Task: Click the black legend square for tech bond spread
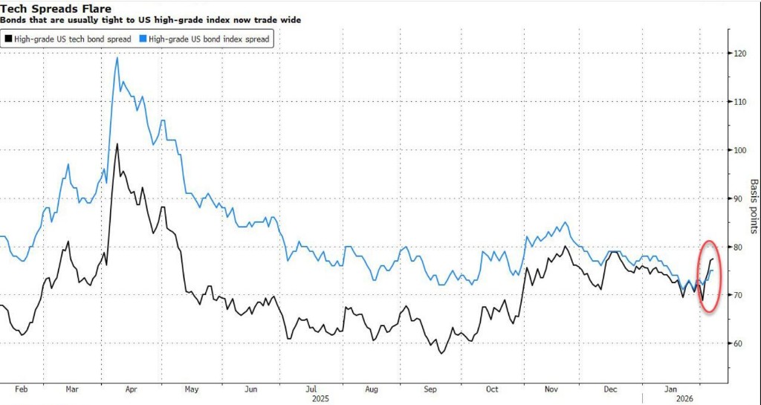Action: point(8,38)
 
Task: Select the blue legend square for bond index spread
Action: point(143,38)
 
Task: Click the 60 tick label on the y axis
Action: point(739,343)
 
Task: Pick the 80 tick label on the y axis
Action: point(739,247)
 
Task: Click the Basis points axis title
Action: point(753,206)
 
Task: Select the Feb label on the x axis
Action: point(21,389)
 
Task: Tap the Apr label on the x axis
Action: point(131,389)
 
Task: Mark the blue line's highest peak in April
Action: point(117,57)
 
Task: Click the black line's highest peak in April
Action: point(117,144)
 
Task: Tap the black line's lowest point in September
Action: point(441,353)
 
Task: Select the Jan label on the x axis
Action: point(670,389)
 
